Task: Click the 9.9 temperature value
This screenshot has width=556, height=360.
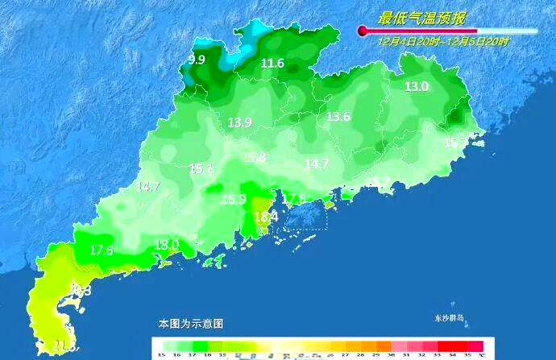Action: (197, 60)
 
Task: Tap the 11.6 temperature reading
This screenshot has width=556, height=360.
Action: (272, 64)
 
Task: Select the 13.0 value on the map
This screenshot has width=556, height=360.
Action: (417, 87)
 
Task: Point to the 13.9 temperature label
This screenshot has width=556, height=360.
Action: (239, 122)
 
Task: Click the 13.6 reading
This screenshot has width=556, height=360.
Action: (338, 117)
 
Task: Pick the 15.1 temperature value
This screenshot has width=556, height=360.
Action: (201, 169)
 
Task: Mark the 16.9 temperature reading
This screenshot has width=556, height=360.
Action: (233, 199)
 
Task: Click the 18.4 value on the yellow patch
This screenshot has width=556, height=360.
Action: (266, 217)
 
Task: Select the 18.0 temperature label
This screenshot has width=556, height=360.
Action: (167, 245)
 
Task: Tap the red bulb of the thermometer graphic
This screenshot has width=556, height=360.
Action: (363, 31)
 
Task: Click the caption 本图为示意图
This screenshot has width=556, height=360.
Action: (191, 324)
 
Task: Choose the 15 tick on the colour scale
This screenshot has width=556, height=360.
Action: (161, 354)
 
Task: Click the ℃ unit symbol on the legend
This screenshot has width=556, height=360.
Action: (481, 354)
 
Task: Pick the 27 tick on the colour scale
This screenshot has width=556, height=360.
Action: (345, 354)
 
